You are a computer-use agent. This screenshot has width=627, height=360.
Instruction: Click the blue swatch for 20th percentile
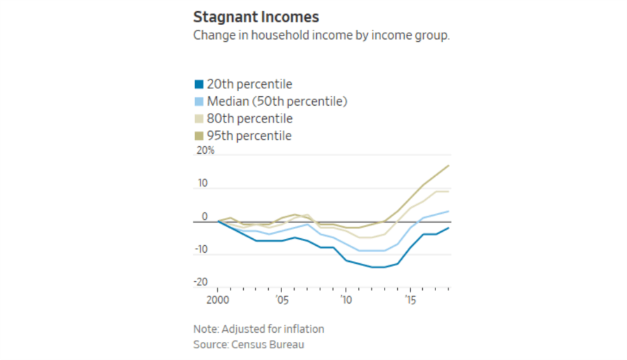point(199,85)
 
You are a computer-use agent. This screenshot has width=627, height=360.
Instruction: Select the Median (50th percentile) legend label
point(277,102)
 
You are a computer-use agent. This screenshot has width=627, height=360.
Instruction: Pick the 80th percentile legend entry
point(249,118)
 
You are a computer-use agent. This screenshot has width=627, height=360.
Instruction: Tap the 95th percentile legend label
point(249,136)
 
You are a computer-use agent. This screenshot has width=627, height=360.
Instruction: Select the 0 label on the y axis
point(205,216)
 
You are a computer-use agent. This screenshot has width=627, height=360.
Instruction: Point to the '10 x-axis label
point(346,299)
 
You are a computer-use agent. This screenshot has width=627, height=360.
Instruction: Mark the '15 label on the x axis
point(410,299)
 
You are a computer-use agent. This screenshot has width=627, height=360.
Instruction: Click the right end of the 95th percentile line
point(449,166)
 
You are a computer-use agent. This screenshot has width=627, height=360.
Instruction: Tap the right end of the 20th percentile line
point(449,228)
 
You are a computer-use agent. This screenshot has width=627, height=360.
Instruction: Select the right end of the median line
point(449,212)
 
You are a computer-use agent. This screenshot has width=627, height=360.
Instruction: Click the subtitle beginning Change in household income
point(321,36)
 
